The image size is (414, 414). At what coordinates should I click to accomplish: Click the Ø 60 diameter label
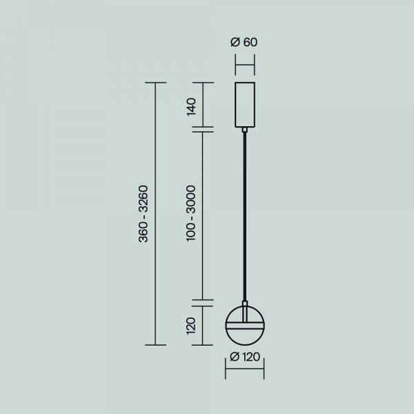pyautogui.click(x=244, y=42)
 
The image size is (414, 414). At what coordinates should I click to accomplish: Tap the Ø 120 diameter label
pyautogui.click(x=245, y=357)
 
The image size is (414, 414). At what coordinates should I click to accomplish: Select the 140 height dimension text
pyautogui.click(x=192, y=106)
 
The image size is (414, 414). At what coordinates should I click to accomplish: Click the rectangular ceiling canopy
pyautogui.click(x=245, y=104)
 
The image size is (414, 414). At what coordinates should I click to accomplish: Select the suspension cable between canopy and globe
pyautogui.click(x=245, y=214)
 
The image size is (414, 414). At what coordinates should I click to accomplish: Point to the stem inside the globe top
pyautogui.click(x=245, y=308)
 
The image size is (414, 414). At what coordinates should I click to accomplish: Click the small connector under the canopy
pyautogui.click(x=245, y=128)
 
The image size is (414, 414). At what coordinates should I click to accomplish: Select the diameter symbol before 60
pyautogui.click(x=235, y=42)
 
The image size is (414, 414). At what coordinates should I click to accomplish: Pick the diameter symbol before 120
pyautogui.click(x=233, y=357)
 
